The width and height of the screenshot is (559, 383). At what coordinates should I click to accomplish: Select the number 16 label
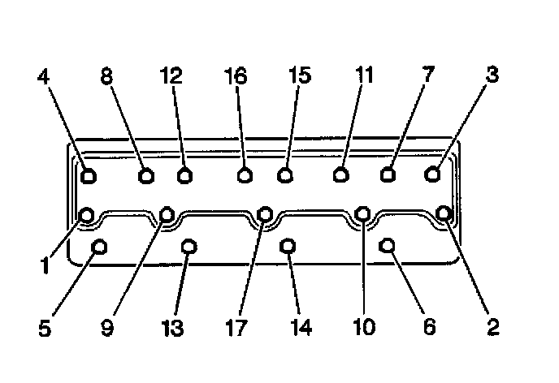pyautogui.click(x=236, y=77)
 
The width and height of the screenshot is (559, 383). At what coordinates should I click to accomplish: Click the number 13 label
pyautogui.click(x=171, y=328)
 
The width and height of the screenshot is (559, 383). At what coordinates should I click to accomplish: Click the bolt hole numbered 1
pyautogui.click(x=87, y=215)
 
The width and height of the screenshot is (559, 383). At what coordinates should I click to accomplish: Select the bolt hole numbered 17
pyautogui.click(x=264, y=214)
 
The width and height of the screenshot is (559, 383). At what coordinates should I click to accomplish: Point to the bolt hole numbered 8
pyautogui.click(x=146, y=174)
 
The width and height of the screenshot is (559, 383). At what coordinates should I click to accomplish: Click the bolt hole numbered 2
pyautogui.click(x=444, y=213)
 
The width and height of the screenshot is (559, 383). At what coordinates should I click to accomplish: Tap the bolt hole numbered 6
pyautogui.click(x=388, y=245)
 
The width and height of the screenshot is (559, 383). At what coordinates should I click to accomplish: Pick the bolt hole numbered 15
pyautogui.click(x=284, y=174)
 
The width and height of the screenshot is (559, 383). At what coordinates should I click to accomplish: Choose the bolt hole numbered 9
pyautogui.click(x=167, y=214)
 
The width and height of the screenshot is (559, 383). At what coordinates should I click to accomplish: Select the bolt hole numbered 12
pyautogui.click(x=185, y=174)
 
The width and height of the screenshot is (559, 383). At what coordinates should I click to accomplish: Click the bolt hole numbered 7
pyautogui.click(x=388, y=174)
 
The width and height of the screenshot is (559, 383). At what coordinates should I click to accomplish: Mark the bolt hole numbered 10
pyautogui.click(x=363, y=213)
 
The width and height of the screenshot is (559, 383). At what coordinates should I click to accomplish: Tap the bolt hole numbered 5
pyautogui.click(x=99, y=247)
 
